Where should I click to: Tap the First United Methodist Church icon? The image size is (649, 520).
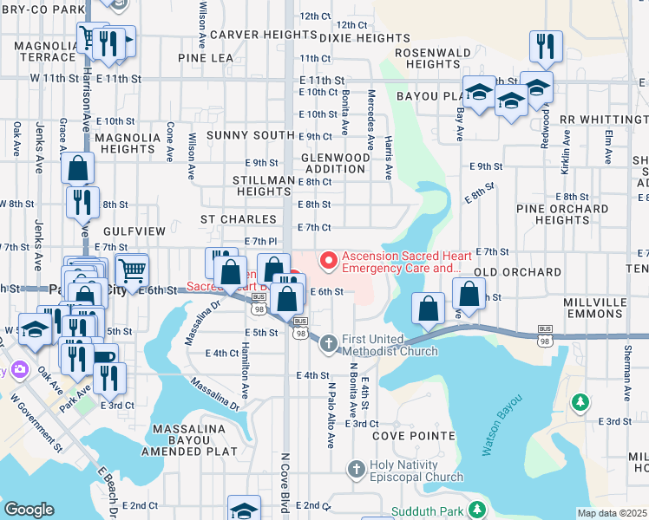(x=328, y=344)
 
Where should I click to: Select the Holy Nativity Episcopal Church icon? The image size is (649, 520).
(x=355, y=470)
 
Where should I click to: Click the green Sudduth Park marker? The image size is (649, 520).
(x=475, y=510)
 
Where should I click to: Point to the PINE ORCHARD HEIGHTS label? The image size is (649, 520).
(x=562, y=214)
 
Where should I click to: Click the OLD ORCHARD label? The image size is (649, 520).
(x=518, y=272)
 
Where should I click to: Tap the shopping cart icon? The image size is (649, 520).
(x=131, y=269)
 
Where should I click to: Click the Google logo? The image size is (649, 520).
(x=29, y=510)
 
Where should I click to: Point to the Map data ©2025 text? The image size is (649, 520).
(x=613, y=513)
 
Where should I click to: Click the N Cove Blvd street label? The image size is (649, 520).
(x=285, y=481)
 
